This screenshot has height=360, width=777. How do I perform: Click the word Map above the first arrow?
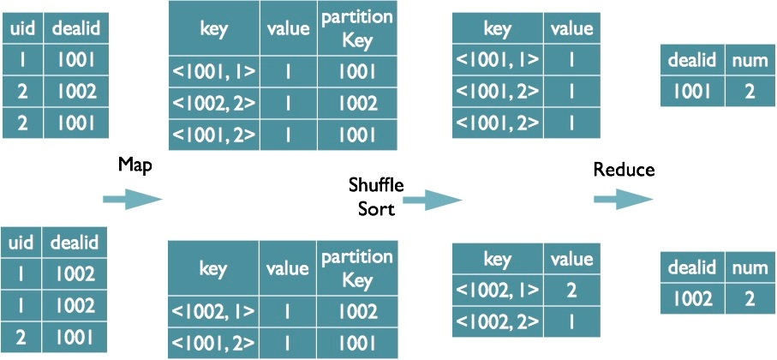click(134, 166)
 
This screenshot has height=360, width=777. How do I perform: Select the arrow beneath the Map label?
click(132, 200)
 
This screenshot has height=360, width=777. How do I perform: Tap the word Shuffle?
click(376, 185)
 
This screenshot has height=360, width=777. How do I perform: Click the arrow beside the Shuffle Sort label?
click(432, 200)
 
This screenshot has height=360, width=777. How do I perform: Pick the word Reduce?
click(624, 170)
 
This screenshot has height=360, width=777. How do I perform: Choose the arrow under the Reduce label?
click(624, 200)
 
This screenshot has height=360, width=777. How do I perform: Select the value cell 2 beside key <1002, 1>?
click(571, 291)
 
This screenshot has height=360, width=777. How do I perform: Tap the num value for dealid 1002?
click(750, 300)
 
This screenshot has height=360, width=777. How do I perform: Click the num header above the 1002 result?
click(750, 268)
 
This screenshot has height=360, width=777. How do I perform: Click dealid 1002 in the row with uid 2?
click(75, 91)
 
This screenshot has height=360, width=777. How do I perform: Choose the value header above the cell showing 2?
click(571, 259)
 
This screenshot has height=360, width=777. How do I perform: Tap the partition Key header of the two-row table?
click(356, 267)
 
